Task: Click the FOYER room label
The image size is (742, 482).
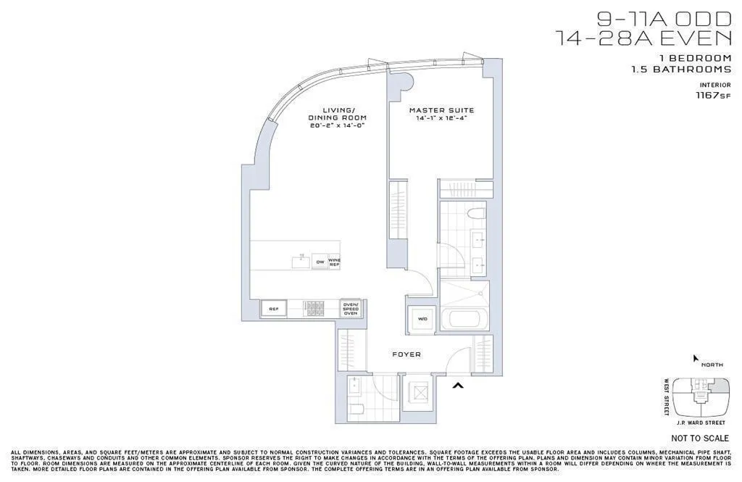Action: click(x=406, y=354)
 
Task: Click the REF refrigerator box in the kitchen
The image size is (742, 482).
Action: click(x=274, y=309)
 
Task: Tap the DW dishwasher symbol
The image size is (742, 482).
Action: click(x=320, y=262)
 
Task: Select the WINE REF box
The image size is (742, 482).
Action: click(x=334, y=262)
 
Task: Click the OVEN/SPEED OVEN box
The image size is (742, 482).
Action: click(x=351, y=309)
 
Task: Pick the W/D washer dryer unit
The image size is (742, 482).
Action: click(x=422, y=319)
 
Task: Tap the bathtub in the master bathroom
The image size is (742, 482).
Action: click(x=464, y=320)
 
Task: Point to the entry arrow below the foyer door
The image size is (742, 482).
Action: click(x=457, y=386)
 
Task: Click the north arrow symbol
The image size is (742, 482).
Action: click(x=696, y=357)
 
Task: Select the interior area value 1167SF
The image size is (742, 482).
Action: click(x=713, y=95)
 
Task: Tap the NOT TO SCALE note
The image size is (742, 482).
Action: click(x=700, y=439)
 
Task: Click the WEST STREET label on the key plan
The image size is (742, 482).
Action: click(x=667, y=397)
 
